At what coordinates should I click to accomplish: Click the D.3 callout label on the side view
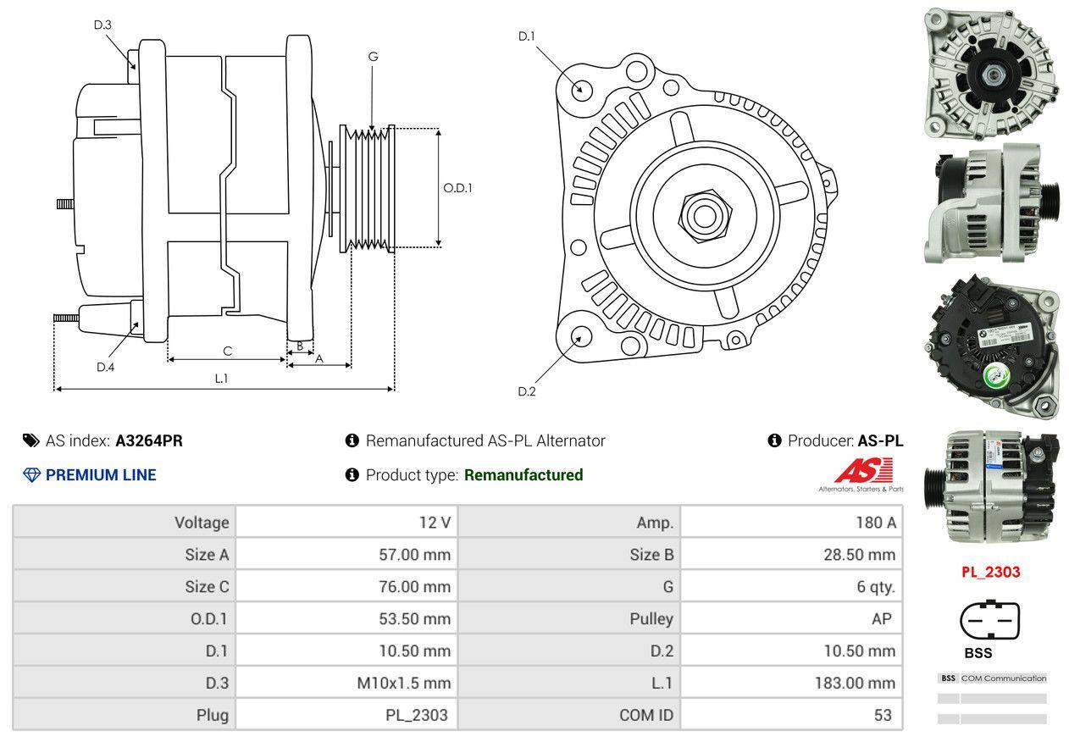[x=102, y=25]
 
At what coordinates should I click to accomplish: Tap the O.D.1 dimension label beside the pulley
[x=457, y=188]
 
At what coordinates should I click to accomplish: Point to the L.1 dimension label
[x=221, y=379]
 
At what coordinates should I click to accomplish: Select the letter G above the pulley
[x=373, y=57]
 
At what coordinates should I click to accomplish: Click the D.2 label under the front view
[x=527, y=391]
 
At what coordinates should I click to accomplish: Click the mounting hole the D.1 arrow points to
[x=581, y=89]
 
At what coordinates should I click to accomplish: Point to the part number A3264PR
[x=149, y=440]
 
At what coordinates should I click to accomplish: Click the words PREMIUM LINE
[x=101, y=475]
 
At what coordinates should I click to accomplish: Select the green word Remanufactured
[x=523, y=475]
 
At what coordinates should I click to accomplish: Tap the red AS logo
[x=863, y=470]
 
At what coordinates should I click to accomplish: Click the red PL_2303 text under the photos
[x=990, y=572]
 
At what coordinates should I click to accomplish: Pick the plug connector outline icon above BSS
[x=989, y=622]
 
